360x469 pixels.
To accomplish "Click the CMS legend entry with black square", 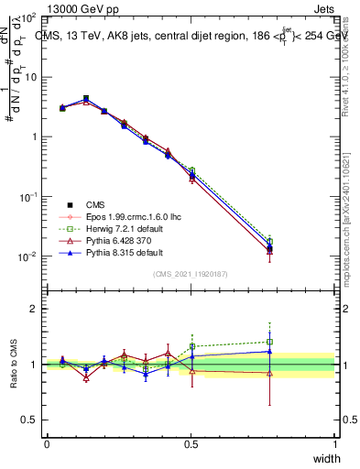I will pyautogui.click(x=98, y=204).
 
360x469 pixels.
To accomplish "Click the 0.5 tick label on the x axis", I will pyautogui.click(x=191, y=443).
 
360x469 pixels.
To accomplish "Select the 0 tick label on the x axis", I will pyautogui.click(x=47, y=443).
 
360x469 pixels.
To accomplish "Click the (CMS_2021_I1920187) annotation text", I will pyautogui.click(x=191, y=274).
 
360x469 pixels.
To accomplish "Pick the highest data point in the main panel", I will pyautogui.click(x=86, y=98).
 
